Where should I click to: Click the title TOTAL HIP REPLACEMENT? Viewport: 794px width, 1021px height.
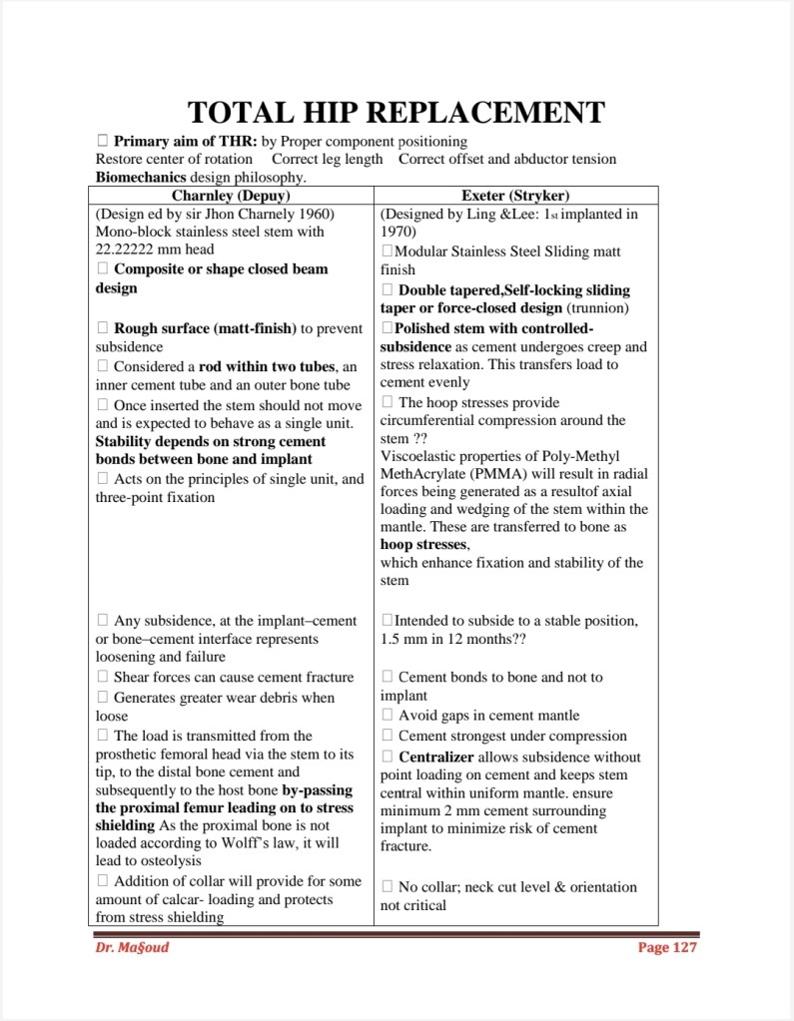pos(397,112)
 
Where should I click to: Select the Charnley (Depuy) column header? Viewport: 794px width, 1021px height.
pos(236,195)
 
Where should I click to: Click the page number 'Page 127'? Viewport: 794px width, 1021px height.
pos(667,947)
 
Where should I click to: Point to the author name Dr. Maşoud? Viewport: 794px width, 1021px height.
pos(126,947)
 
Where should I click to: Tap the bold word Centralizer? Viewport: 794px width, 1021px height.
pos(435,757)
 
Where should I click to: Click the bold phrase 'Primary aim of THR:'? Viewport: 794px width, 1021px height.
pos(186,142)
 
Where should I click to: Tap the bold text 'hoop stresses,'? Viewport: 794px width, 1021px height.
pos(425,545)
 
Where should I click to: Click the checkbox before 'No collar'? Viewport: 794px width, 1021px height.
pos(389,886)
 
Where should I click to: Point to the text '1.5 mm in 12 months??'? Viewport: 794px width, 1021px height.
pos(453,639)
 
